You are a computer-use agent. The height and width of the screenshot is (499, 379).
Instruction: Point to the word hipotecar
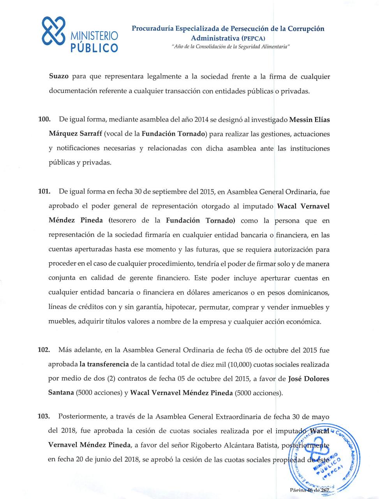[180, 307]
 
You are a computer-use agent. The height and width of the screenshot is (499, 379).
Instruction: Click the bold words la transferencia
[104, 365]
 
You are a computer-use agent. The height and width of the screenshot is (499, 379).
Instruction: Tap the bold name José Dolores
[308, 379]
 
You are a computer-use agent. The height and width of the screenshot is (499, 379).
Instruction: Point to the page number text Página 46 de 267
[310, 490]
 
